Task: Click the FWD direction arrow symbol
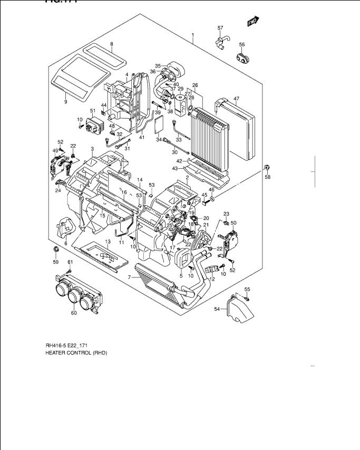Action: (253, 21)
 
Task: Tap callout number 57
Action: (220, 27)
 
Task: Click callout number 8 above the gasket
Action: (112, 44)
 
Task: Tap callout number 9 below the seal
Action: (65, 101)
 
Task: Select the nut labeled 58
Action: (267, 168)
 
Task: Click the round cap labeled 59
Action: (55, 248)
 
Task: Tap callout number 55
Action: (247, 289)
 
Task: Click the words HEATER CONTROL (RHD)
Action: (76, 353)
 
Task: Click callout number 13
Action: (107, 241)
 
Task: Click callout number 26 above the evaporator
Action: (195, 85)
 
